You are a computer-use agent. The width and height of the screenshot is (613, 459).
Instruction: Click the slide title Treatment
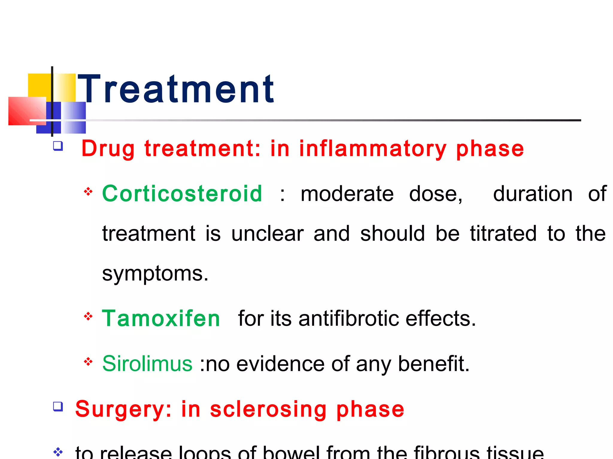point(176,89)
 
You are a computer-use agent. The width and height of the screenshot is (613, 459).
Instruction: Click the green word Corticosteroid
point(182,194)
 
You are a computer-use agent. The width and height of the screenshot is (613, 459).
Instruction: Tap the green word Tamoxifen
point(161,319)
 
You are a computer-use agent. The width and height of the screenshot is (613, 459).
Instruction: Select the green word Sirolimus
point(147,364)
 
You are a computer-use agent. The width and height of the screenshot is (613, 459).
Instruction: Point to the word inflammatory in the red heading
point(373,149)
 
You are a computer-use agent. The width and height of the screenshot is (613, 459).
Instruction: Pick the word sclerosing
point(268,409)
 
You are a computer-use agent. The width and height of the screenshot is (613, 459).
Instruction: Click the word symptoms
point(155,273)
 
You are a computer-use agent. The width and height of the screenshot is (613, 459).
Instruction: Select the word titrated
point(503,233)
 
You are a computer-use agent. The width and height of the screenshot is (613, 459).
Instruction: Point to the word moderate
point(347,194)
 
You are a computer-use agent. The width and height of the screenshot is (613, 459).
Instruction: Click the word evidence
point(280,364)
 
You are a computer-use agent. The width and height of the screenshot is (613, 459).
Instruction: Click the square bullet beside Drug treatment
point(58,146)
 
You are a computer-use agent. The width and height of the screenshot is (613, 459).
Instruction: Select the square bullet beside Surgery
point(58,407)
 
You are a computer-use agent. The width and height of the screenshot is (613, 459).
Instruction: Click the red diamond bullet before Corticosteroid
point(88,192)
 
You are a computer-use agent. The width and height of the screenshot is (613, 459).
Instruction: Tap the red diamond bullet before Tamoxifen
point(88,316)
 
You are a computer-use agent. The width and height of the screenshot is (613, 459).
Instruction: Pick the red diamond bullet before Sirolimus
point(88,362)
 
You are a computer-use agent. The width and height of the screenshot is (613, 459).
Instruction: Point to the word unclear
point(267,233)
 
